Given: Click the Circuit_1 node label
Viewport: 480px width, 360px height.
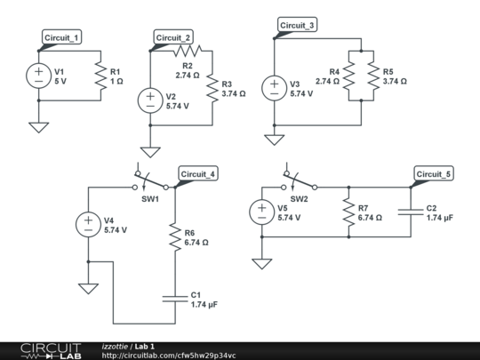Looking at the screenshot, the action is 61,37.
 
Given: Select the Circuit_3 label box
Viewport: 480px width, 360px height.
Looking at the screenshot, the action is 297,25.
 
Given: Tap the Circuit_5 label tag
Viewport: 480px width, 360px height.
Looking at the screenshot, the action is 434,174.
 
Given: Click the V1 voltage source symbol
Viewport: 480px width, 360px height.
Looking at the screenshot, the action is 38,76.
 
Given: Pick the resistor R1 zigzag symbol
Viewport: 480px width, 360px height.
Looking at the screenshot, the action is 100,76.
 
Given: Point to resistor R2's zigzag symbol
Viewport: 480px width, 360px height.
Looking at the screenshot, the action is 188,51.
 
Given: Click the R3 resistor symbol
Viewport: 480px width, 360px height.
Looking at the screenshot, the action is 212,88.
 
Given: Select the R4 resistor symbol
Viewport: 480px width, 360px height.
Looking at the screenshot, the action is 348,76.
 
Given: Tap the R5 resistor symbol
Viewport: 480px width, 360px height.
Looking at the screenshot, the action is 373,76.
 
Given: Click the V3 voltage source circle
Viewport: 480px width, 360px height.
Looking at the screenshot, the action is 275,88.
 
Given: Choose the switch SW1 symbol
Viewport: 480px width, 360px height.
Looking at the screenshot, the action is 150,181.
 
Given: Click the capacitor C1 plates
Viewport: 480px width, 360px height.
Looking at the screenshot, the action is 175,299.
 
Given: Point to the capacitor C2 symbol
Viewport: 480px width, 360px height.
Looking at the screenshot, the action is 411,212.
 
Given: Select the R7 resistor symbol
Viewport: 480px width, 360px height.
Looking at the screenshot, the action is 348,212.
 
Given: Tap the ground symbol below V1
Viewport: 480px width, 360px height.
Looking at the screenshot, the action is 38,127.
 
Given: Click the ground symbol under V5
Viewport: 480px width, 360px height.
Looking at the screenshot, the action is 262,264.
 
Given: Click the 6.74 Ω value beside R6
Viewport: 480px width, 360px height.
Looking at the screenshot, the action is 196,243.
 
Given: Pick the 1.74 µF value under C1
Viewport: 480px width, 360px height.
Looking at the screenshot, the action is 204,305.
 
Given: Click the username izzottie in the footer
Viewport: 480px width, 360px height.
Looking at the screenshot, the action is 115,347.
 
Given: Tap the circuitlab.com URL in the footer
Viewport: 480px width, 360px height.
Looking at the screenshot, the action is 169,356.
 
